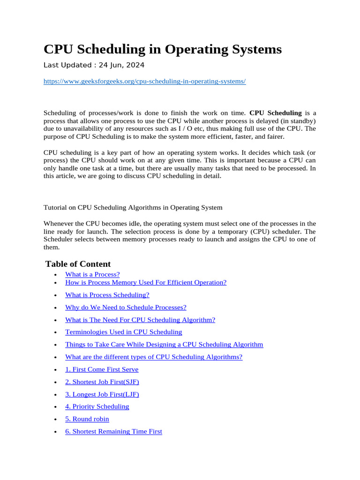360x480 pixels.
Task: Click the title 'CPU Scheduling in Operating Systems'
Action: point(162,49)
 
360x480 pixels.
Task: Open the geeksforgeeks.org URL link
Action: point(144,81)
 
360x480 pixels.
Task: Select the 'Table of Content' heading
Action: point(78,264)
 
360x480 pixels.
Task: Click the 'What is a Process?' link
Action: point(92,274)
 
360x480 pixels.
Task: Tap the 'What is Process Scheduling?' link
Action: point(107,295)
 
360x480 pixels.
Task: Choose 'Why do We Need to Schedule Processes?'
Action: point(126,307)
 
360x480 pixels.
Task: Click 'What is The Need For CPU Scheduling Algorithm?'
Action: point(140,320)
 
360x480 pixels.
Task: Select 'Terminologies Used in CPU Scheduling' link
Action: point(123,332)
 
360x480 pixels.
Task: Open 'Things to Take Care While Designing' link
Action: point(164,345)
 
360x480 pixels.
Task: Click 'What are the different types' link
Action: point(154,357)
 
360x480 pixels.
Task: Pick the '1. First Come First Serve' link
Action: point(102,369)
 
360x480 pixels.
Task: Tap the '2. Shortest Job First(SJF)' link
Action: point(102,382)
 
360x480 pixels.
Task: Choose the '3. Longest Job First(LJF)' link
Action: point(102,394)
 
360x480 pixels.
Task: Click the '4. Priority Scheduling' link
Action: point(97,406)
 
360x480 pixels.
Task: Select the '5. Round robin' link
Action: point(87,419)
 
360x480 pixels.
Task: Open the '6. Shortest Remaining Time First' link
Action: point(113,431)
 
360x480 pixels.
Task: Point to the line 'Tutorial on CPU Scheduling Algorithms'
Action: point(133,207)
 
